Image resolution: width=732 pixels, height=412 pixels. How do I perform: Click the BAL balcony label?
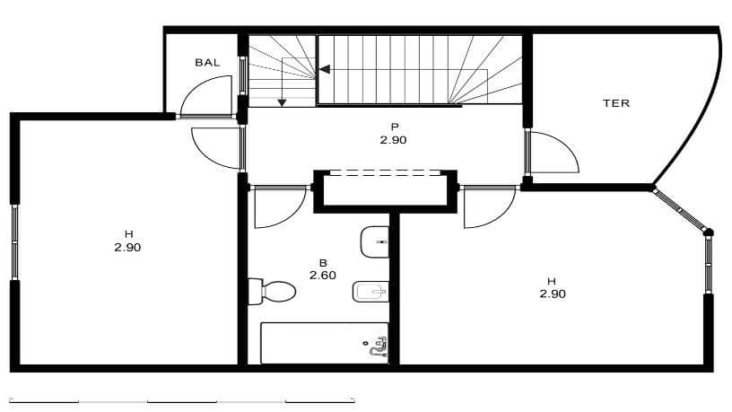(207, 63)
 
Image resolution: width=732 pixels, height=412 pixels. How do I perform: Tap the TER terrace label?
(615, 103)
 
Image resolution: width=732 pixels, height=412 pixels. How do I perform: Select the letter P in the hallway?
(393, 127)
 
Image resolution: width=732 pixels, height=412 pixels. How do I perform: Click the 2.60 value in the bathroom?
(322, 276)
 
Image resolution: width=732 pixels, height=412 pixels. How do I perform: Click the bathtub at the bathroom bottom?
(324, 343)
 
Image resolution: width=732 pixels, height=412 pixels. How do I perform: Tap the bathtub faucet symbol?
(379, 346)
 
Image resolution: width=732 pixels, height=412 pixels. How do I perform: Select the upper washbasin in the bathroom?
(375, 241)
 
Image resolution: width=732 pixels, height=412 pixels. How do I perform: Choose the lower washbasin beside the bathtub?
(371, 291)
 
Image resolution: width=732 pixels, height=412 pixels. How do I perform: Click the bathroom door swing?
(274, 207)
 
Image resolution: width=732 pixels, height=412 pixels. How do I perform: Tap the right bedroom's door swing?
(484, 207)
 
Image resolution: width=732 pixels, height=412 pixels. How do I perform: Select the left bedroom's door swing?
(213, 146)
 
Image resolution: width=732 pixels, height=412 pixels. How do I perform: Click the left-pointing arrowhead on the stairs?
(324, 69)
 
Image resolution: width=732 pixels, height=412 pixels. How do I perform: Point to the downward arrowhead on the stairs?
(282, 102)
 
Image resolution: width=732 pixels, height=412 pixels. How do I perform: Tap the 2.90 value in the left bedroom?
(127, 247)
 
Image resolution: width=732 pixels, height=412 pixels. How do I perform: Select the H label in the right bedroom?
(552, 280)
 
